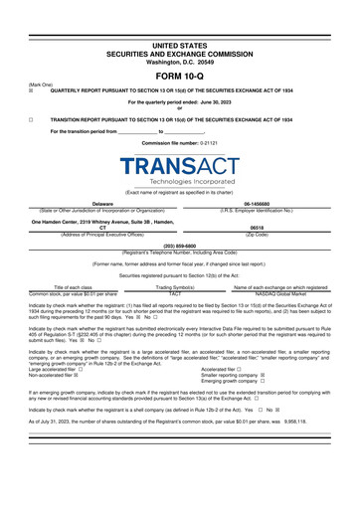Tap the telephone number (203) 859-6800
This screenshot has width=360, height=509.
click(x=180, y=245)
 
